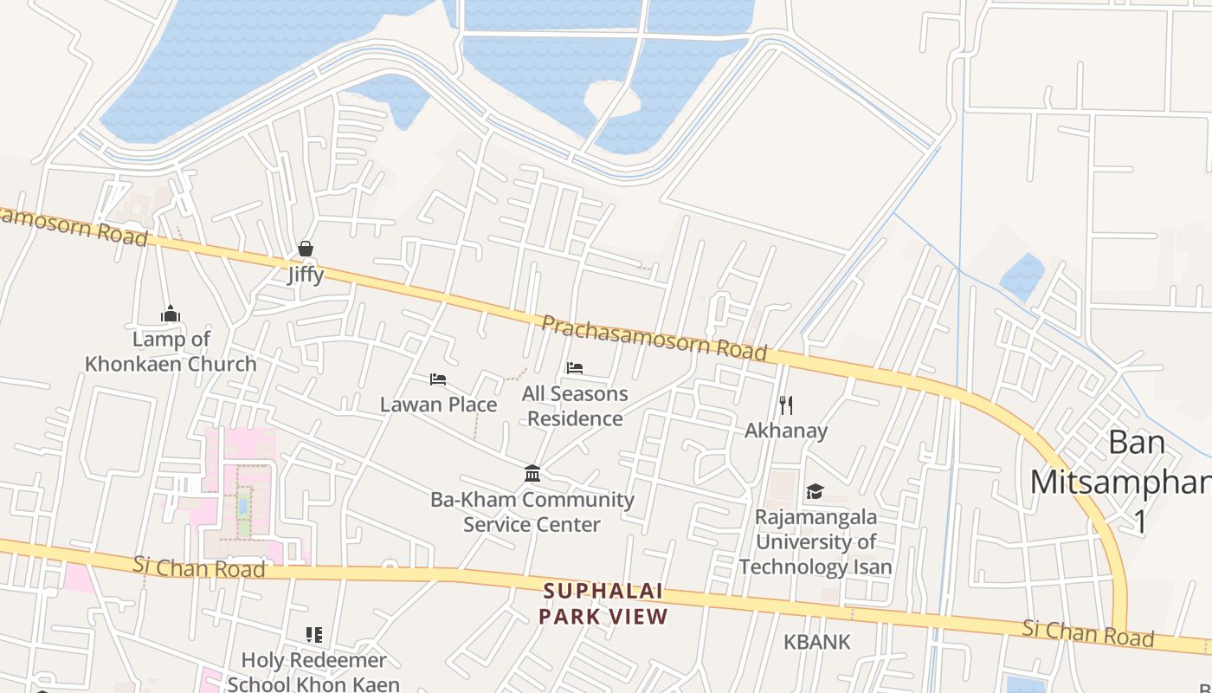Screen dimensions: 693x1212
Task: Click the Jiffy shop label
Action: (306, 275)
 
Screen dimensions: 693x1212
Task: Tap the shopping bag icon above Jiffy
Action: (306, 249)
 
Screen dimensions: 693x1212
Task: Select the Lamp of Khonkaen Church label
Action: (171, 351)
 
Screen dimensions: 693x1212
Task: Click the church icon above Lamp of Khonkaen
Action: (171, 313)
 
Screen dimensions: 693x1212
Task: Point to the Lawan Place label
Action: (438, 405)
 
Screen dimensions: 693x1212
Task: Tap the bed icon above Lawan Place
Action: (438, 379)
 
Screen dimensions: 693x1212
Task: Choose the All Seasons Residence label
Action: (575, 406)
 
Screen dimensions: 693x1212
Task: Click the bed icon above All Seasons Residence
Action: (575, 368)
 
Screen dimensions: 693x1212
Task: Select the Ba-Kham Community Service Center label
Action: (532, 512)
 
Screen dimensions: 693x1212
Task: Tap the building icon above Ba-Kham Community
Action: (532, 474)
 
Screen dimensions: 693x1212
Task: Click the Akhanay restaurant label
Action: (786, 431)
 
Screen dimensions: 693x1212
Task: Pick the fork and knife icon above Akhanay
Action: (786, 405)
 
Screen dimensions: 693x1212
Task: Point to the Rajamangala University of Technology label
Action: (815, 541)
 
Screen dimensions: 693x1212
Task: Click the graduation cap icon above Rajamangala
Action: (815, 492)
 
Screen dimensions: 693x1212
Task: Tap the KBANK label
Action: (817, 642)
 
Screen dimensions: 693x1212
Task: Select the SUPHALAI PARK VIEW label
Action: (603, 604)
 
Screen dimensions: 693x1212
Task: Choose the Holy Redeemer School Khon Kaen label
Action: (313, 671)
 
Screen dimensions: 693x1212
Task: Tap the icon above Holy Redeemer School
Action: (314, 635)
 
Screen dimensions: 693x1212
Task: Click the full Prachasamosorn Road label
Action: (654, 338)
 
